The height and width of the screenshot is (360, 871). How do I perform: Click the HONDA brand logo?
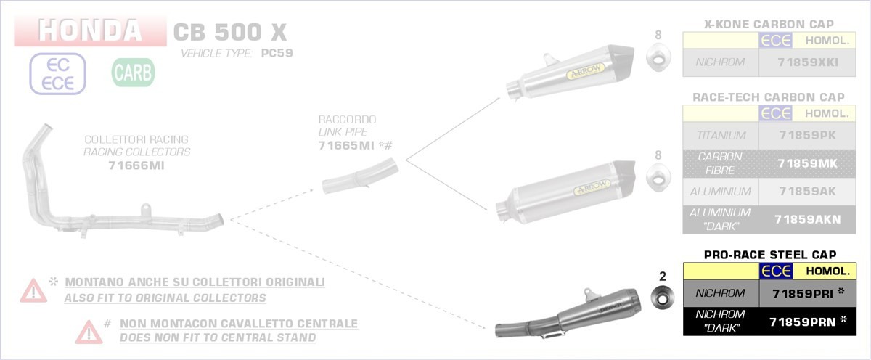(x=90, y=30)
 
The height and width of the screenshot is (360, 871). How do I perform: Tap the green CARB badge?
(x=133, y=73)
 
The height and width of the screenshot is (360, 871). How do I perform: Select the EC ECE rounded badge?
(x=57, y=74)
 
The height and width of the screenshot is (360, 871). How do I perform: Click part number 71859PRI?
(x=803, y=293)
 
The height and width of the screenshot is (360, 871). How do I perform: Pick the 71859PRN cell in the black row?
(x=803, y=322)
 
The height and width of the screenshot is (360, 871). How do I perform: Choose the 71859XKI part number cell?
(x=808, y=62)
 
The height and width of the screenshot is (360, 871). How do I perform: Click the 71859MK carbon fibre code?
(x=808, y=164)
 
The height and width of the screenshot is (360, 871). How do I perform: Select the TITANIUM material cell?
(x=721, y=135)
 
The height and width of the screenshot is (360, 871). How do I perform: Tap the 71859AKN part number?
(x=808, y=220)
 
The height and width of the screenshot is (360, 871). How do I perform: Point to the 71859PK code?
(x=808, y=135)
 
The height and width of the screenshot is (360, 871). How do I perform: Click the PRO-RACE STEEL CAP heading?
(x=770, y=255)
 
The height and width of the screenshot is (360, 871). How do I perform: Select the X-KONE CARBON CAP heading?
(x=769, y=24)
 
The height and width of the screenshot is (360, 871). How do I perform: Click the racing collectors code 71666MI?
(x=136, y=165)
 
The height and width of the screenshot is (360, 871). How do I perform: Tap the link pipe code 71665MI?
(x=346, y=145)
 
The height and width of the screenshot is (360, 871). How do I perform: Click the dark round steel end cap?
(x=663, y=298)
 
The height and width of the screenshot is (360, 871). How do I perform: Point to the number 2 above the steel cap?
(x=663, y=277)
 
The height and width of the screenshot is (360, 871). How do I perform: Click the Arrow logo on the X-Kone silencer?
(x=585, y=72)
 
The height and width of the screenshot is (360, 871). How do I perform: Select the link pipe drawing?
(x=360, y=176)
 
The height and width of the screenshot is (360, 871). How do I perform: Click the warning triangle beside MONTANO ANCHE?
(x=33, y=290)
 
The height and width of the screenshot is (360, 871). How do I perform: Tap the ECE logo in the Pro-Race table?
(x=776, y=271)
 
